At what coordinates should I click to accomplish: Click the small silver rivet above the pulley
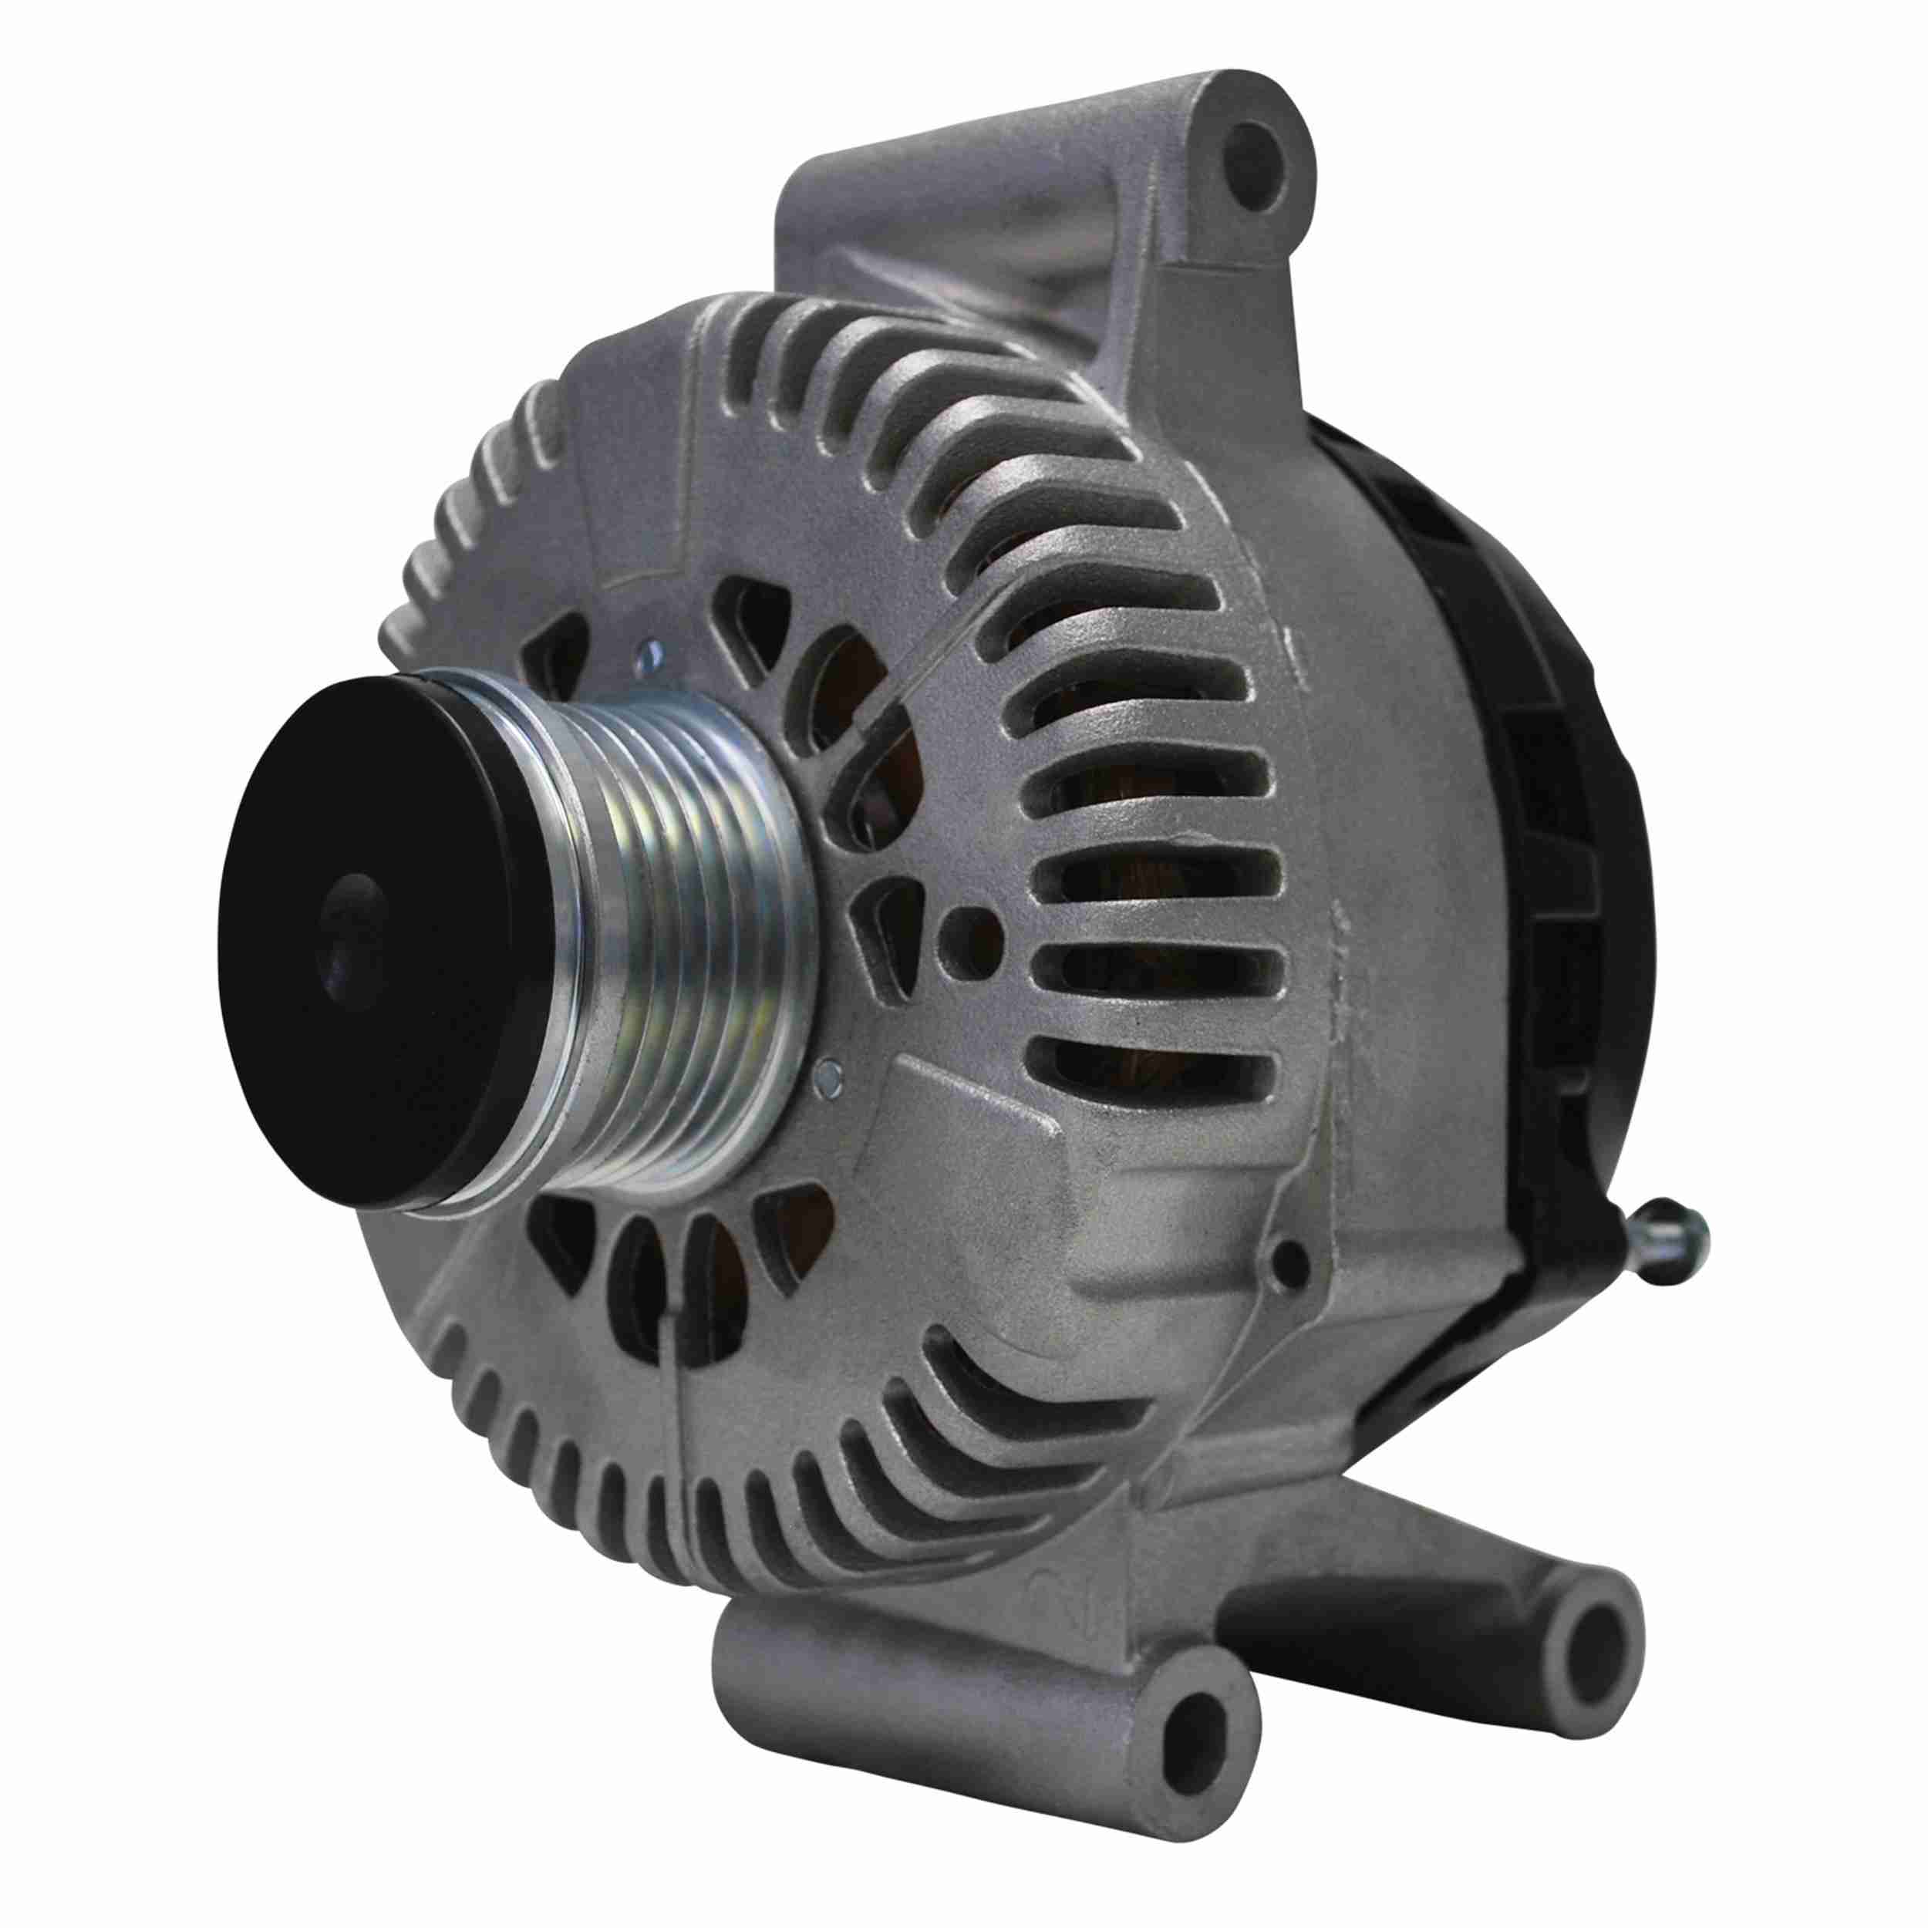coord(647,654)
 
